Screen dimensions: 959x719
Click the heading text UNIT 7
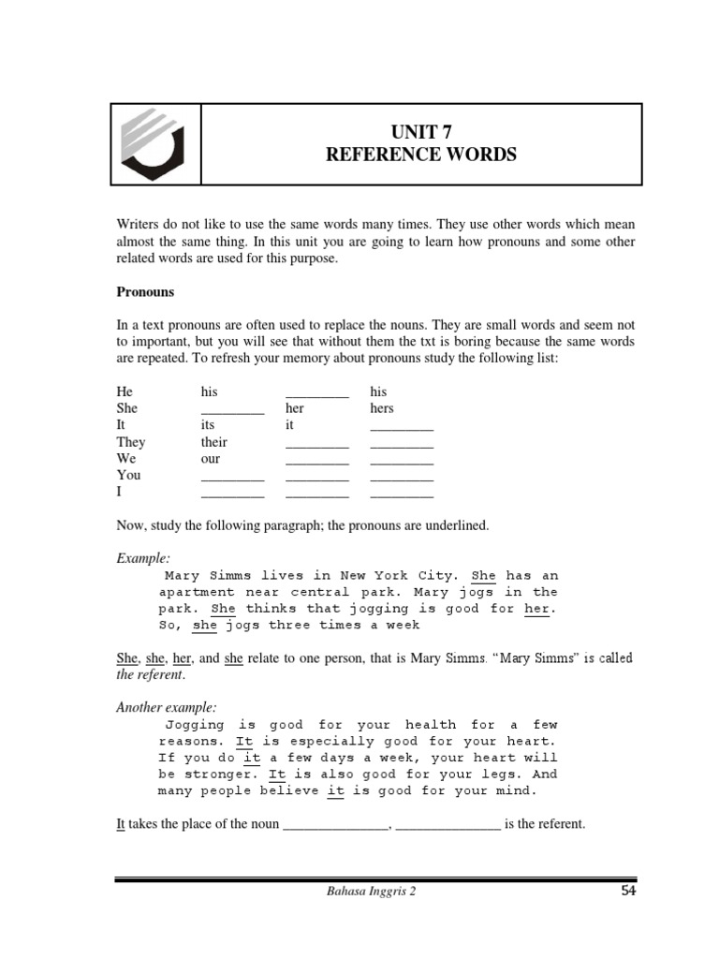tap(420, 132)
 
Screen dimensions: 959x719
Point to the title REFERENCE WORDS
tap(420, 155)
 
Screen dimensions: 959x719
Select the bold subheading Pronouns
tap(145, 292)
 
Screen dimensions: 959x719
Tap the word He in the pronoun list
tap(124, 391)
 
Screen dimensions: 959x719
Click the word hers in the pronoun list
tap(382, 408)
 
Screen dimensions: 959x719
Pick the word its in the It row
tap(208, 425)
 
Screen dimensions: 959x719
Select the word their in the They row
tap(213, 442)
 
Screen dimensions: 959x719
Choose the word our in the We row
tap(210, 459)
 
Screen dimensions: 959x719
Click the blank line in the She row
tap(232, 410)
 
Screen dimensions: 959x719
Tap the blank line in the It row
tap(402, 427)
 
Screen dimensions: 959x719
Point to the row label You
tap(128, 476)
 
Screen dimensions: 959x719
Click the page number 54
tap(628, 891)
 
